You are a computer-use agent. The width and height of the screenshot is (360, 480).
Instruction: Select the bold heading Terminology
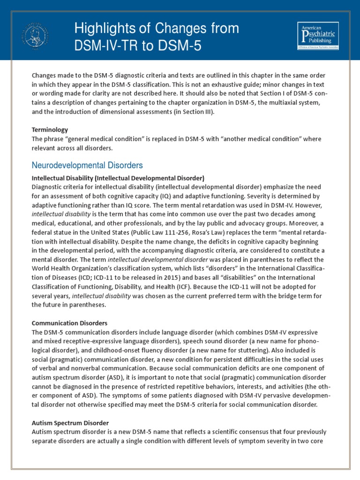[50, 129]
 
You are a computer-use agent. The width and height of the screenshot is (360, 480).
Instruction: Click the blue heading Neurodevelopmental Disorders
[87, 165]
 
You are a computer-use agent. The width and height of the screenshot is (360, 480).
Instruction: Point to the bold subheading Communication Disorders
[69, 323]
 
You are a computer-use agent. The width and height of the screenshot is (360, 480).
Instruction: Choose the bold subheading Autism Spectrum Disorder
[70, 422]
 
